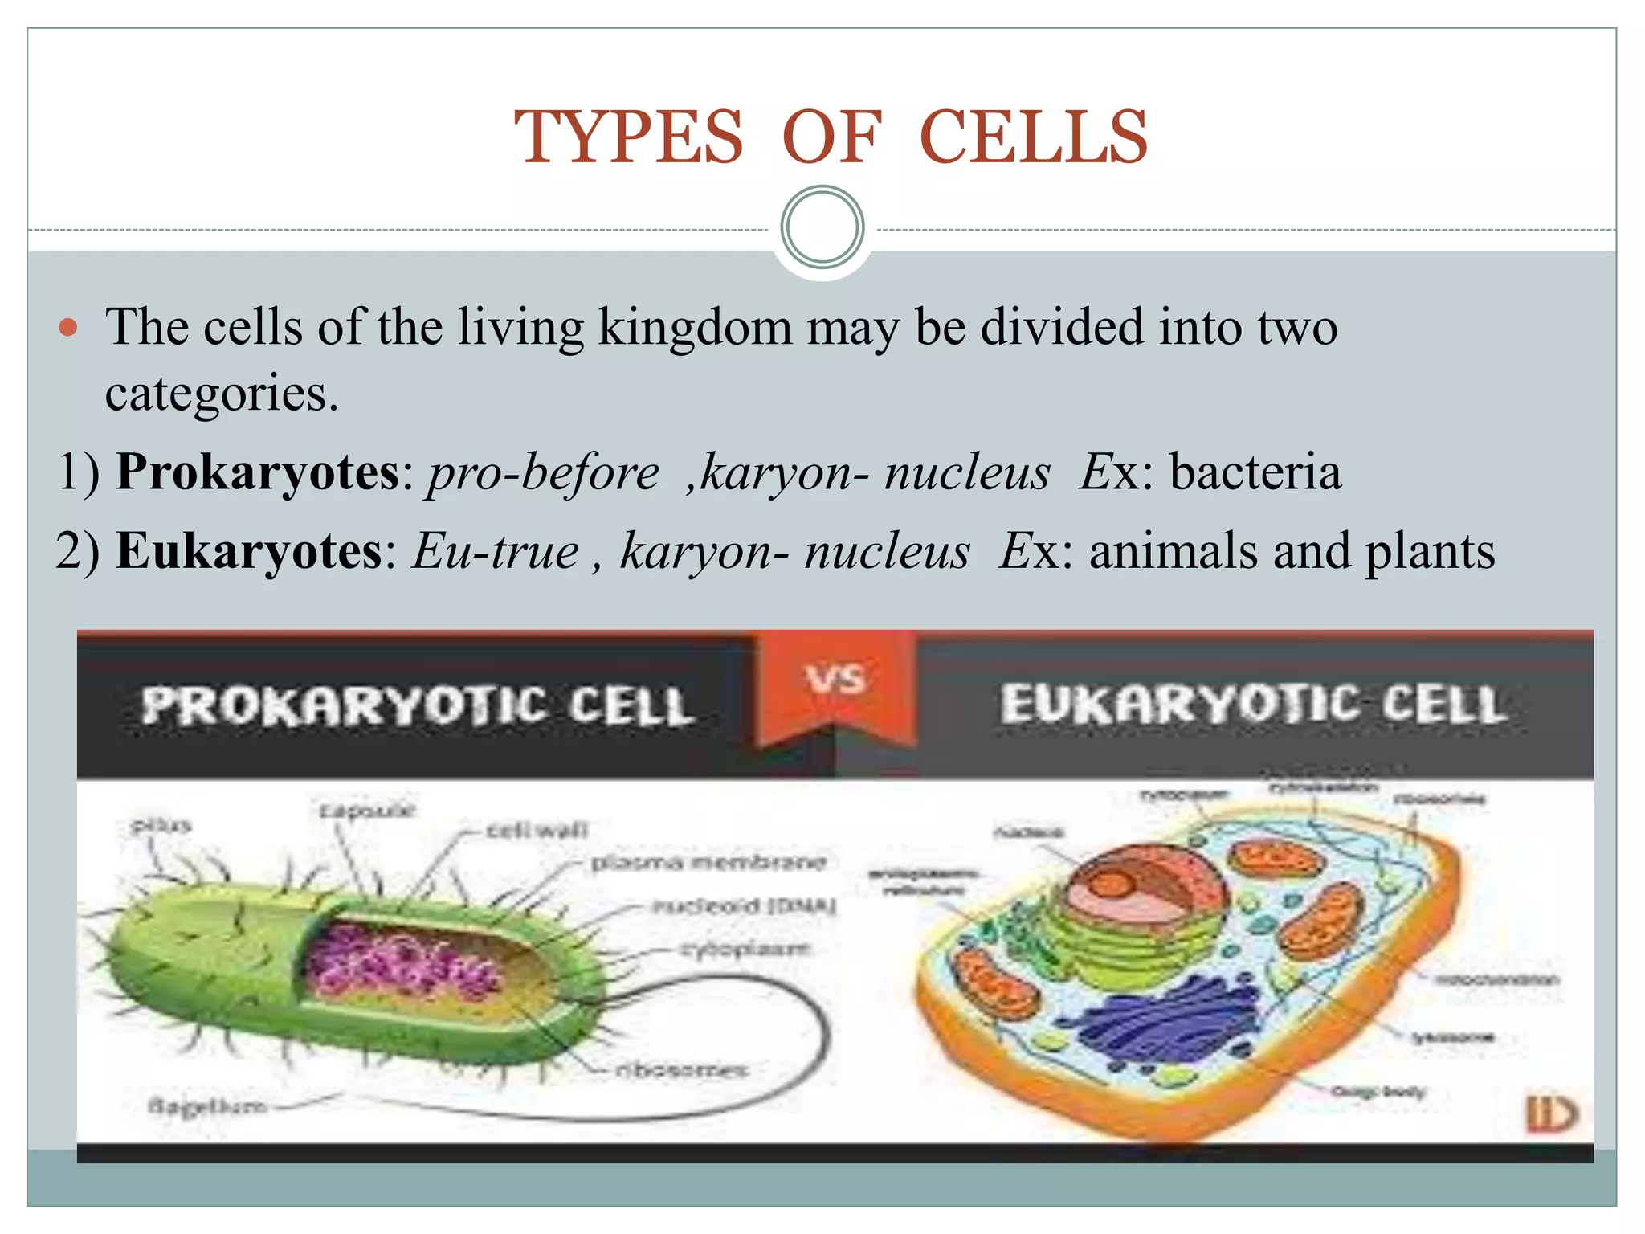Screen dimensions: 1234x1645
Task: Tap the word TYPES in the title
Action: point(629,138)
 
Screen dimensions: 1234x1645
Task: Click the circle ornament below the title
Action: point(822,227)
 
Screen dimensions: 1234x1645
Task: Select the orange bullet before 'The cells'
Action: point(68,328)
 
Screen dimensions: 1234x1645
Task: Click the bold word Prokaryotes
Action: point(258,472)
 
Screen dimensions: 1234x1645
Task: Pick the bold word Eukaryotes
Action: point(250,551)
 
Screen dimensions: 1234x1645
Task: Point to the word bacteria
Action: point(1255,472)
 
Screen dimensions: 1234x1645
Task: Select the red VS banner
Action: point(835,683)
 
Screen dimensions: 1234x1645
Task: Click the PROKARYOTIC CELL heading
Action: point(417,706)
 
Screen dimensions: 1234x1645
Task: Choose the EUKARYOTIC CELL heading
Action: point(1252,705)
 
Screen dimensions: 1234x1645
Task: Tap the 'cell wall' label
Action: point(537,829)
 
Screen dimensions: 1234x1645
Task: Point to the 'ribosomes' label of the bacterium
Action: point(681,1070)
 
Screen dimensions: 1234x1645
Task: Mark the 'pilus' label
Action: point(161,825)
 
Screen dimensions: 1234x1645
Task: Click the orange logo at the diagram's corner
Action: point(1550,1113)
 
